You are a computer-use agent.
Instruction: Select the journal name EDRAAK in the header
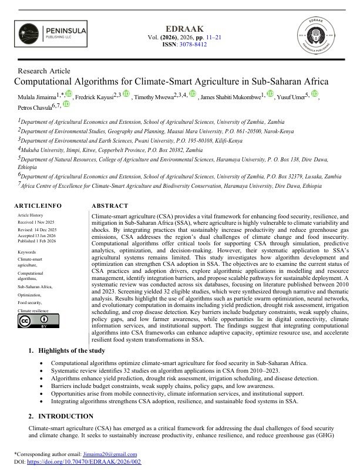point(181,26)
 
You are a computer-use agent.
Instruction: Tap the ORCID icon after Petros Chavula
point(66,104)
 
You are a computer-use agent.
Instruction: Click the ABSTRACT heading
point(110,206)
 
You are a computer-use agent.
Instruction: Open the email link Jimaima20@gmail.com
point(116,454)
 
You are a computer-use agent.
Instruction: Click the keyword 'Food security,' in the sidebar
point(32,300)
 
